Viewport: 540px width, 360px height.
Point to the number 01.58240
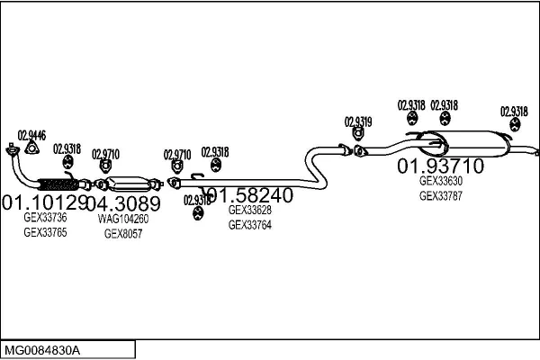coord(249,195)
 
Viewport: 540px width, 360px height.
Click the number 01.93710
coord(441,166)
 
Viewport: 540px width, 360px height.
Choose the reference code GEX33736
coord(45,218)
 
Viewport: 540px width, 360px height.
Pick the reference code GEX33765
coord(45,232)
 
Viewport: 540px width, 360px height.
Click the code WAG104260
coord(123,218)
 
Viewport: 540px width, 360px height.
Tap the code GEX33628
coord(250,211)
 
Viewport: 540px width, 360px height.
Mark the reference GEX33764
coord(250,225)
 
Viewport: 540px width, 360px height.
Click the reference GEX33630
coord(441,180)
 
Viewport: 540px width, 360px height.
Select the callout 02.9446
coord(31,135)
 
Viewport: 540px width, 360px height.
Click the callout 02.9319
coord(358,121)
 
